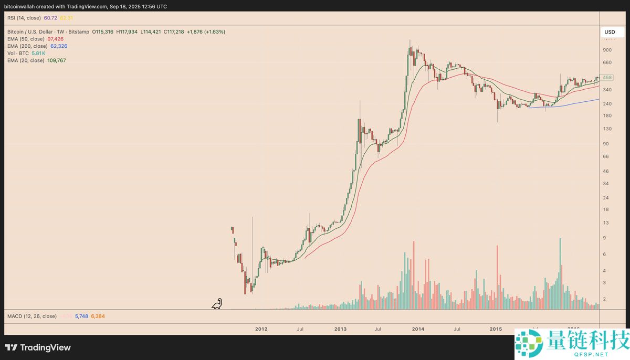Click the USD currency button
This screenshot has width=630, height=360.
[x=610, y=32]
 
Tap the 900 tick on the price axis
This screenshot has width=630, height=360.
[x=607, y=50]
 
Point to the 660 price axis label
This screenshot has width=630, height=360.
[x=607, y=63]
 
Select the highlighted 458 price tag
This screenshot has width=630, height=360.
[x=607, y=78]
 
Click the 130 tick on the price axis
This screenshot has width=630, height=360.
[x=607, y=129]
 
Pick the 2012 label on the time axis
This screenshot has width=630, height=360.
[x=261, y=329]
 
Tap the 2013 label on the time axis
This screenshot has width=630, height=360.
[x=340, y=329]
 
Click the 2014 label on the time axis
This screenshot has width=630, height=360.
[x=418, y=329]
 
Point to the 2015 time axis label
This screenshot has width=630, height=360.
[x=496, y=329]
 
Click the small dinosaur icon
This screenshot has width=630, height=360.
[x=217, y=304]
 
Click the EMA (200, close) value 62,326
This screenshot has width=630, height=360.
[x=59, y=46]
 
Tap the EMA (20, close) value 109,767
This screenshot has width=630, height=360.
[x=57, y=60]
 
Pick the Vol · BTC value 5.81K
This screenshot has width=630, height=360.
[x=38, y=53]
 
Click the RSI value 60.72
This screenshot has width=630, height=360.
[x=51, y=18]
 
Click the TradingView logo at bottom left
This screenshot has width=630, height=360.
[x=38, y=347]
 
